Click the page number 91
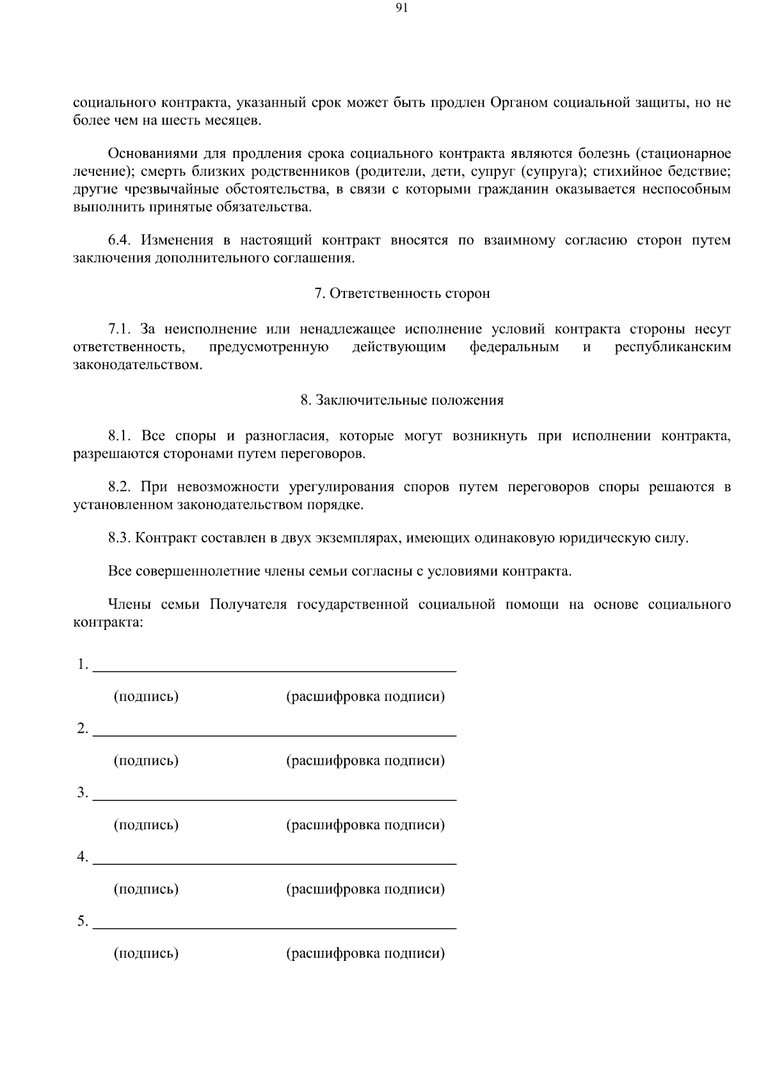click(x=402, y=8)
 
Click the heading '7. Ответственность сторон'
click(x=402, y=293)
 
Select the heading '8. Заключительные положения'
click(x=402, y=400)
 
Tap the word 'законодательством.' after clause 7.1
click(x=138, y=365)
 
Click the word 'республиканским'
click(x=673, y=347)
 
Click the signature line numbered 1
click(x=275, y=669)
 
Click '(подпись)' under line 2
click(x=146, y=761)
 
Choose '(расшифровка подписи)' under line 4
click(x=365, y=889)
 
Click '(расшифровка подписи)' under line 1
click(x=365, y=696)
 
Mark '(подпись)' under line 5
click(x=146, y=954)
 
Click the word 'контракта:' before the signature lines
click(x=108, y=622)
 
